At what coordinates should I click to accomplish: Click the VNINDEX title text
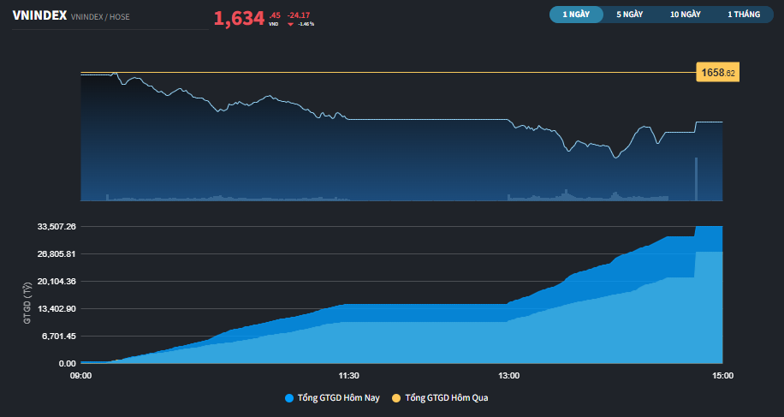39,15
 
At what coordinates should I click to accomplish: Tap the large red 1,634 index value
239,18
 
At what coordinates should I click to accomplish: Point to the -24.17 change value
299,15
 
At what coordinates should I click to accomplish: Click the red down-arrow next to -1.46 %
290,24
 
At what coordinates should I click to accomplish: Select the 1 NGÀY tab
576,15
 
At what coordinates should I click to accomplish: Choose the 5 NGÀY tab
629,15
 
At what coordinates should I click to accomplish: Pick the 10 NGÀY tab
686,15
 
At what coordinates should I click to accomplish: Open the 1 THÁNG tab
743,15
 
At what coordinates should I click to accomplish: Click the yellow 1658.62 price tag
717,73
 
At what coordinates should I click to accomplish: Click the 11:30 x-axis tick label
348,375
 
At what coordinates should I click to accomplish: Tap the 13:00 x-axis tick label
508,375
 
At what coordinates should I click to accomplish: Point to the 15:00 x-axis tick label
722,375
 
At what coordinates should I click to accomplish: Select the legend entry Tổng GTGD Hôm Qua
446,398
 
